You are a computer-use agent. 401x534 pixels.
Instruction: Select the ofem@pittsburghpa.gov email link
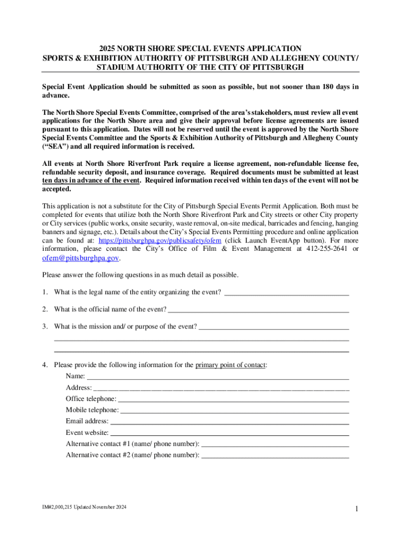[81, 258]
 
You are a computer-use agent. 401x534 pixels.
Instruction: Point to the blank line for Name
[217, 376]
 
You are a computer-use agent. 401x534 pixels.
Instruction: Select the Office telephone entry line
[233, 399]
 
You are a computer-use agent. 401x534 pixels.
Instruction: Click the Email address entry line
[229, 421]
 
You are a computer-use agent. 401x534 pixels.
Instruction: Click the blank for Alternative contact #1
[274, 444]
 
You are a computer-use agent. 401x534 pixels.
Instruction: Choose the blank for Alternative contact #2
[274, 455]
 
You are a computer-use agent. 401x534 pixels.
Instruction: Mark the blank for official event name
[258, 310]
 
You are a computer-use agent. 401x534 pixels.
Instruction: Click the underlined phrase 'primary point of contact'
[230, 365]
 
